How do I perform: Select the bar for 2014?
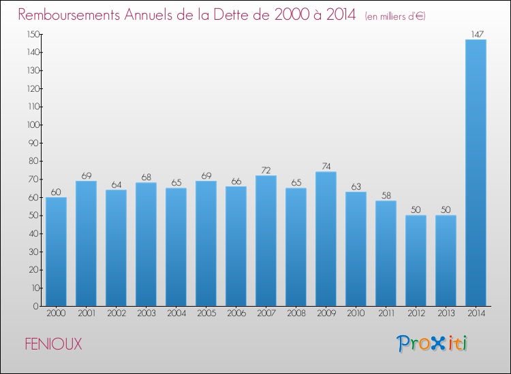[x=476, y=173]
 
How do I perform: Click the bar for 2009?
[x=326, y=239]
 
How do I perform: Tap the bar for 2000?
[x=56, y=252]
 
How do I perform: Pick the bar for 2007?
[x=266, y=241]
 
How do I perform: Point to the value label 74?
[x=326, y=166]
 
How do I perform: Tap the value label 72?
[x=266, y=169]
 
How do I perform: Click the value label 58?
[x=386, y=195]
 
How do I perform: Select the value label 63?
[x=356, y=186]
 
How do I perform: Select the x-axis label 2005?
[x=206, y=314]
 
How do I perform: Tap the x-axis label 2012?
[x=416, y=314]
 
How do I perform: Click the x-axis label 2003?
[x=146, y=314]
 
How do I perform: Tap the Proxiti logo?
[x=433, y=343]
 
